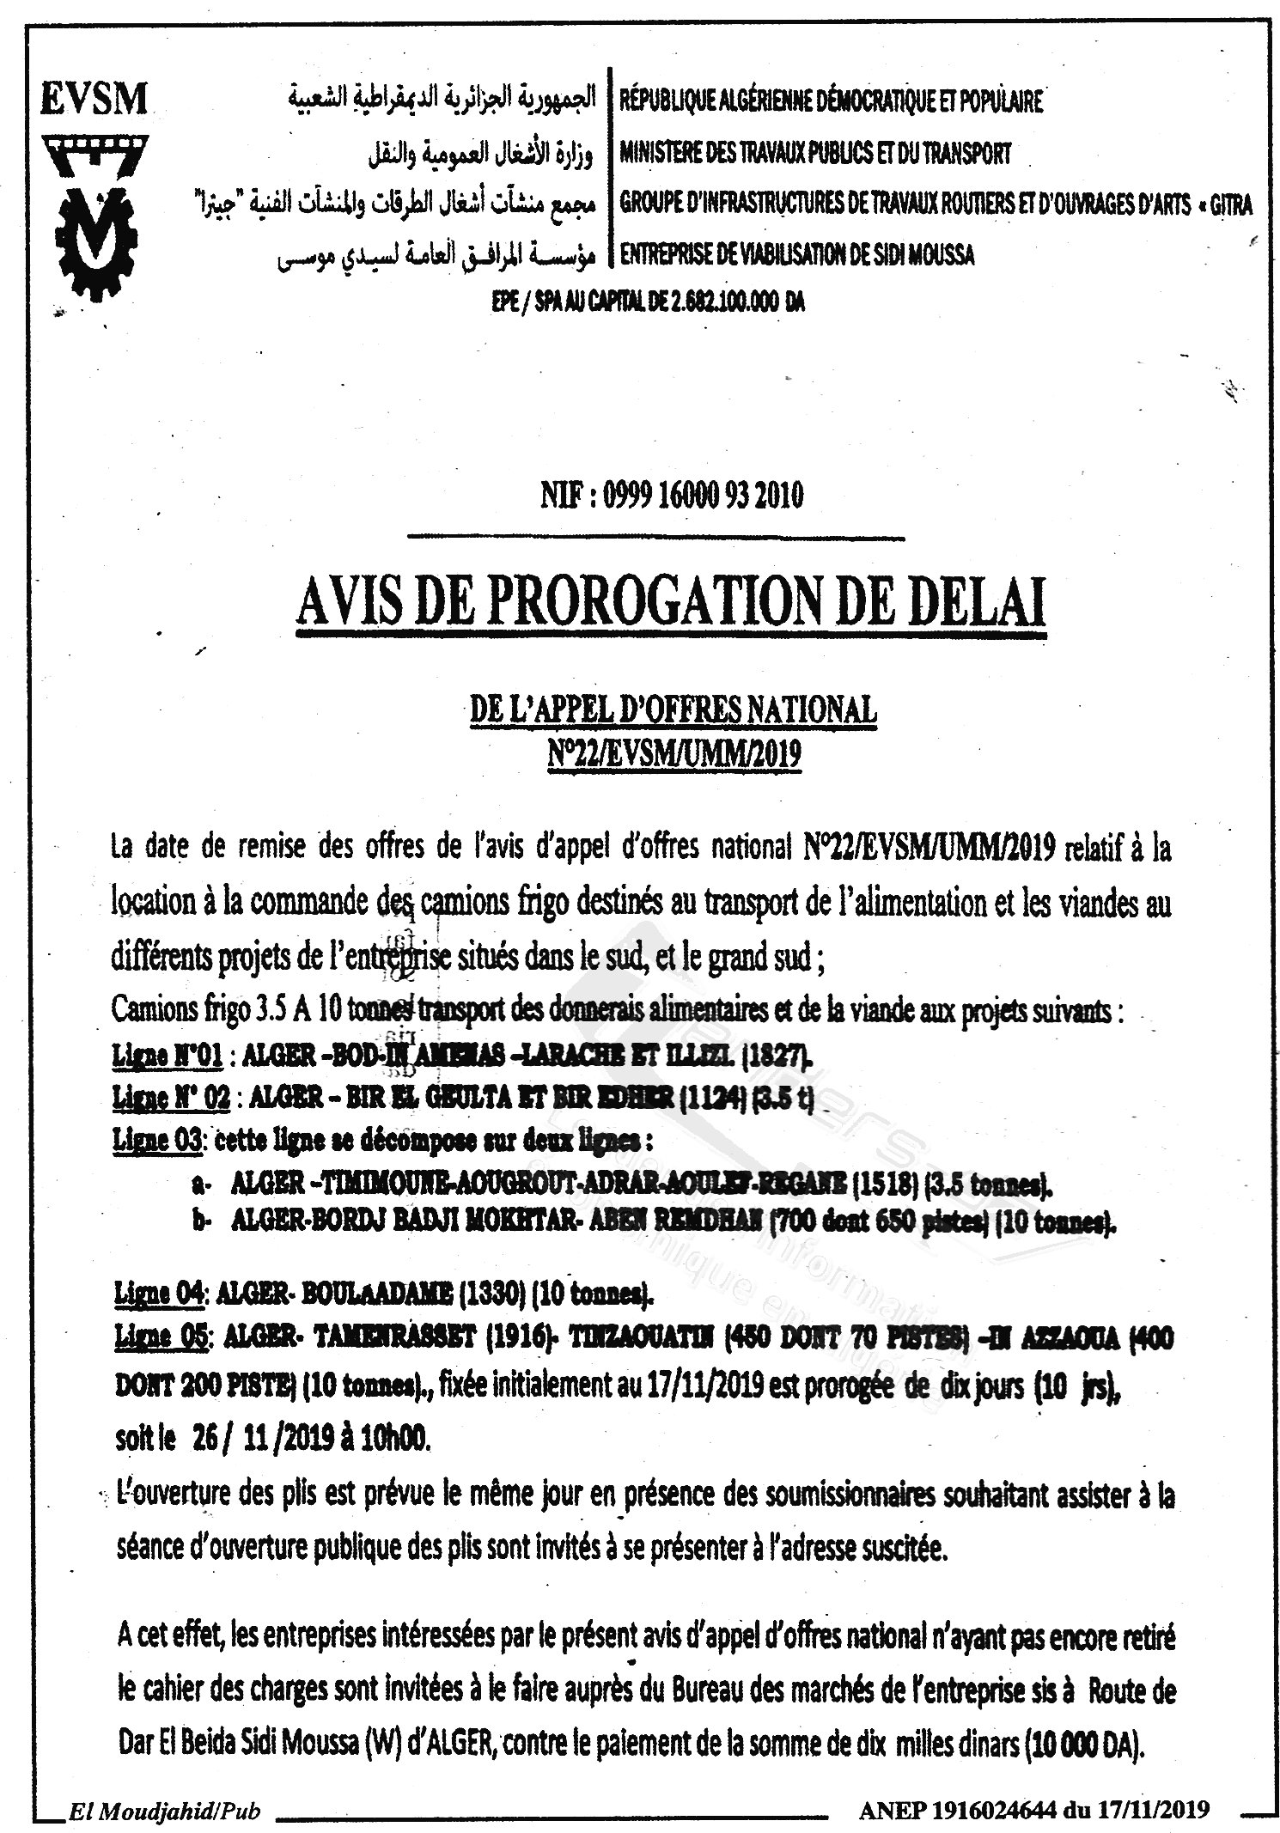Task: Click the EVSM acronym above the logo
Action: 93,99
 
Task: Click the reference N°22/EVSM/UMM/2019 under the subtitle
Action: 673,753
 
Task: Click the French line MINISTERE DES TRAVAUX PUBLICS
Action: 814,155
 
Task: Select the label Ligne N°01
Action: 168,1055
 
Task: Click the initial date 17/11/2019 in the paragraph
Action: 710,1388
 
